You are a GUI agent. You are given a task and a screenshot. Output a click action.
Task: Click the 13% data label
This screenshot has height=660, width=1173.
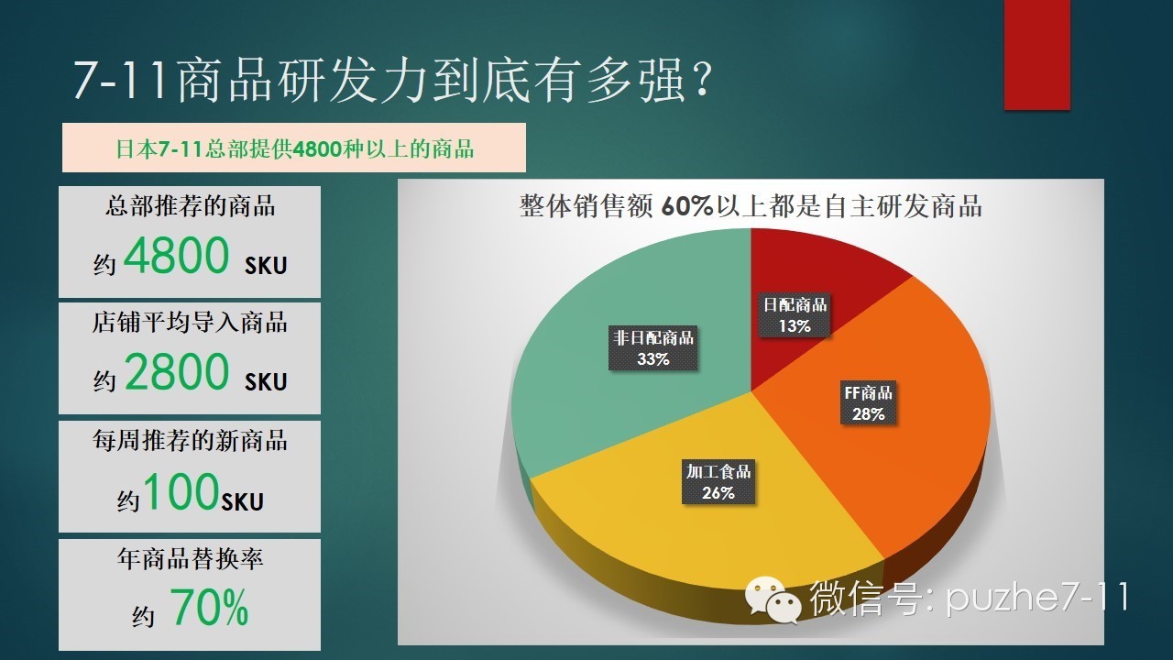click(795, 325)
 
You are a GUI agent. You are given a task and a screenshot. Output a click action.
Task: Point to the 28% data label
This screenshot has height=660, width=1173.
click(868, 413)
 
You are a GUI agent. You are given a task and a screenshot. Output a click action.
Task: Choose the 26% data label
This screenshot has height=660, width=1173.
click(718, 492)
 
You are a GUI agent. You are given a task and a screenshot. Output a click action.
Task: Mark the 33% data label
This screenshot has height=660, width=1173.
click(653, 358)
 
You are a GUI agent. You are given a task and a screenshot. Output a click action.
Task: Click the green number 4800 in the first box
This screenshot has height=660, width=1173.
click(177, 255)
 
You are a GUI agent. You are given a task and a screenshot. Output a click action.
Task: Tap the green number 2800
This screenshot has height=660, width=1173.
click(177, 371)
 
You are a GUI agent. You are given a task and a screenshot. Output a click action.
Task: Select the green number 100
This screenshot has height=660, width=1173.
click(181, 490)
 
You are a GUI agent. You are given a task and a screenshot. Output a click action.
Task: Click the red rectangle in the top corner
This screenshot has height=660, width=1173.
click(1036, 54)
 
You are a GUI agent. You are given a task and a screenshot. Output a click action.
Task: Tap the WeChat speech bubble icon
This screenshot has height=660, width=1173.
click(773, 600)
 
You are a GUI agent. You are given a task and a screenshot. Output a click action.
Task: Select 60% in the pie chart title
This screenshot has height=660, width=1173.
click(687, 206)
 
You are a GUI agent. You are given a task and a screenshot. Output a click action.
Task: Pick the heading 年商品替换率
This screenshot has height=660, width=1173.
click(190, 559)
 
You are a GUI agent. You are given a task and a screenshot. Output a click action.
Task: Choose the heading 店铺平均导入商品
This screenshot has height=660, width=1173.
click(190, 322)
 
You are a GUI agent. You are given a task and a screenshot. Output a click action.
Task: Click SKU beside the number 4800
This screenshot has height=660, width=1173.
click(266, 266)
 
